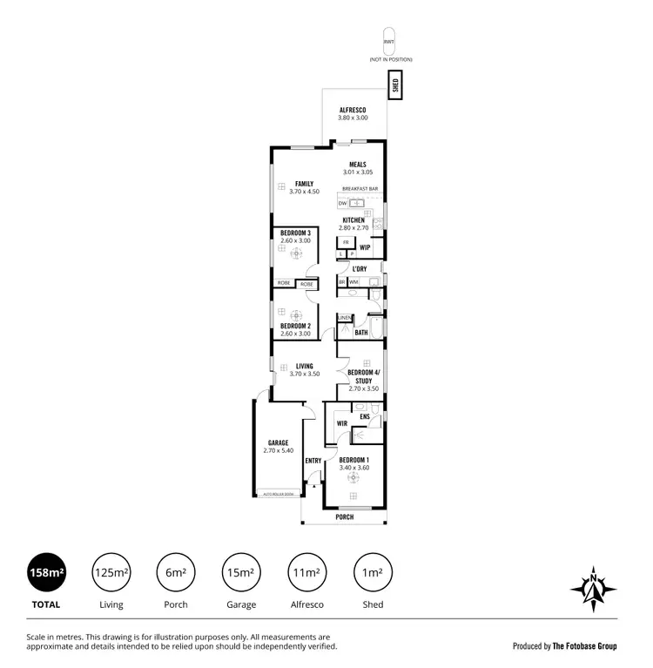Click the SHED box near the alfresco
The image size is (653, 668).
395,85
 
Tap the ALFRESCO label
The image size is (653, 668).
353,110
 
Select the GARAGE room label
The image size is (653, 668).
278,442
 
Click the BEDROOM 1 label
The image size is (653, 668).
354,460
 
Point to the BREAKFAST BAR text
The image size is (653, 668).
360,189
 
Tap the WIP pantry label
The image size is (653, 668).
365,247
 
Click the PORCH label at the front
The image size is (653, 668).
345,516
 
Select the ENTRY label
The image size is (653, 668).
313,461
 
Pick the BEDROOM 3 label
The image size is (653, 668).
295,233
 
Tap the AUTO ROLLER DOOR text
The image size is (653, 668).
279,495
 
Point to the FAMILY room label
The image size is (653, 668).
304,184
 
